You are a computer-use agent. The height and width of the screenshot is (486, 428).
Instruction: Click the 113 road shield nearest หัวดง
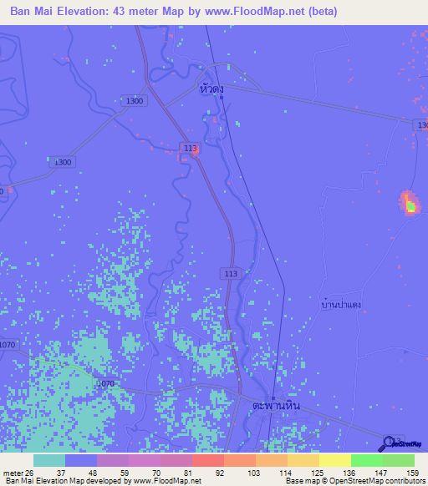191,149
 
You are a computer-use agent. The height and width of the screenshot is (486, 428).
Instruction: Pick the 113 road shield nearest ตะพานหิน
232,273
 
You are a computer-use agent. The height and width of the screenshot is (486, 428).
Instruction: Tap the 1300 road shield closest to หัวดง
134,101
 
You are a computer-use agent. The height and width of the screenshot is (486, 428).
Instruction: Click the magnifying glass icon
389,443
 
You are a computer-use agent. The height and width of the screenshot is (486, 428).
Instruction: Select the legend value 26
30,473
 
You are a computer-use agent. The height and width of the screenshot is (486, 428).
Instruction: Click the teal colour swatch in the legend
48,460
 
